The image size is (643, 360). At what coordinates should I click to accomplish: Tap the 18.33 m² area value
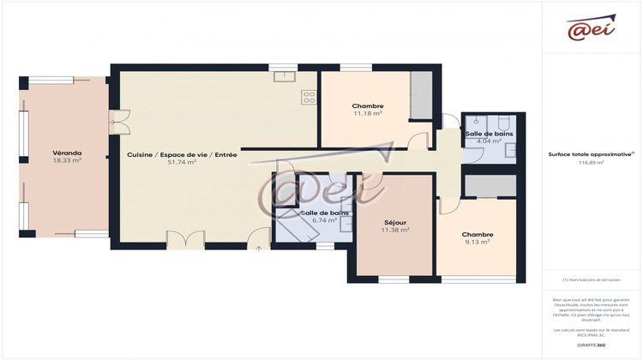click(66, 160)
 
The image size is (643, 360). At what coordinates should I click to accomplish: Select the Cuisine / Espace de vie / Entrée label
click(183, 154)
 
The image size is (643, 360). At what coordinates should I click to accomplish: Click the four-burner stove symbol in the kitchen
click(309, 97)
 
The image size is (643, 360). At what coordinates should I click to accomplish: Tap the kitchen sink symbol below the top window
click(285, 76)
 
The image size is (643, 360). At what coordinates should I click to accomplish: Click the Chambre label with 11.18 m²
click(368, 105)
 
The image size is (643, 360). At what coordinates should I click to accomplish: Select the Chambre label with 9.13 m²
click(477, 234)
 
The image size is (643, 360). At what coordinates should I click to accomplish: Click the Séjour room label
click(395, 222)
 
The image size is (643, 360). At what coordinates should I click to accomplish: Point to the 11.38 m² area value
click(395, 230)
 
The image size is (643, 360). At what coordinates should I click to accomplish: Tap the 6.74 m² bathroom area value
click(324, 219)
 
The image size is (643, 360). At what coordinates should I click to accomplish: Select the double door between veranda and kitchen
click(120, 122)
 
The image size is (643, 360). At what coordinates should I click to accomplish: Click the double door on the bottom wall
click(186, 240)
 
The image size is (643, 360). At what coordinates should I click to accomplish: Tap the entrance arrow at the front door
click(259, 248)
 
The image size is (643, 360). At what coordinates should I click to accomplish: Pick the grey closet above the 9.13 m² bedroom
click(490, 186)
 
